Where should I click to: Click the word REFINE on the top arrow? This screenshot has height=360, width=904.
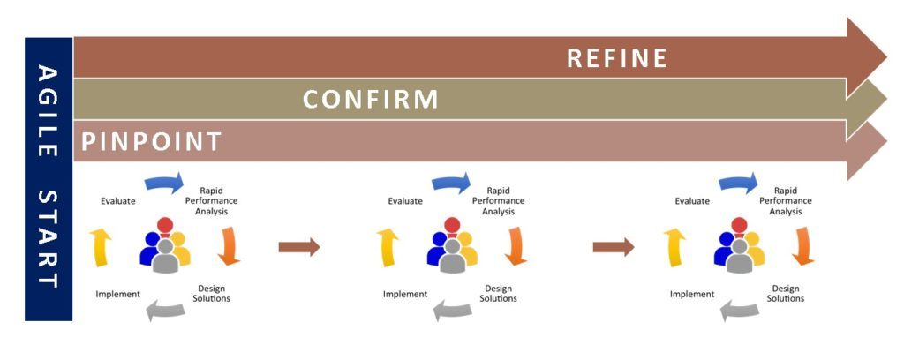(x=616, y=58)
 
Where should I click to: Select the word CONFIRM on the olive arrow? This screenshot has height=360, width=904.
(x=371, y=99)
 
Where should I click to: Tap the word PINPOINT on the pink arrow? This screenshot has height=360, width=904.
(x=151, y=141)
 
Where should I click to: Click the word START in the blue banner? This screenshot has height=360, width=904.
(x=48, y=238)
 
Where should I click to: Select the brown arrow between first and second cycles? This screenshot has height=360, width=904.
(x=298, y=247)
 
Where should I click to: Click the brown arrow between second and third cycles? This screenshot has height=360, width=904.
(x=613, y=247)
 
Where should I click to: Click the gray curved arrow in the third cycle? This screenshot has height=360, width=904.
(x=739, y=309)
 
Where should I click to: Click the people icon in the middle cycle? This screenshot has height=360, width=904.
(x=451, y=246)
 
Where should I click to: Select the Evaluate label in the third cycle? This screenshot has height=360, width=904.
(x=692, y=201)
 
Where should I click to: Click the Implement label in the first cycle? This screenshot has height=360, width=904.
(x=117, y=294)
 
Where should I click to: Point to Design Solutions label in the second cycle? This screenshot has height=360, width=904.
(x=498, y=294)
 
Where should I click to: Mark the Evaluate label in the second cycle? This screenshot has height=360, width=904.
(x=405, y=201)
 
